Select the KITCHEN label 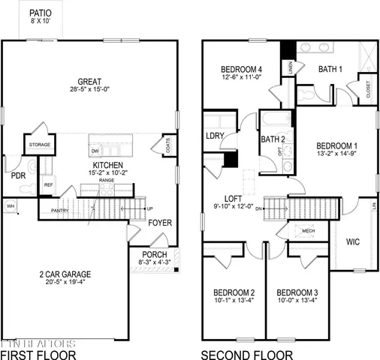coord(103,164)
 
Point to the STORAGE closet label coord(40,144)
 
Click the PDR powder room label coord(18,176)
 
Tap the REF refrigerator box coord(48,184)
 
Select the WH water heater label coord(11,205)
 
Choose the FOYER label coord(159,223)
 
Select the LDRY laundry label coord(217,136)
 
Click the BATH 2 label coord(270,139)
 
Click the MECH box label coord(307,231)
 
